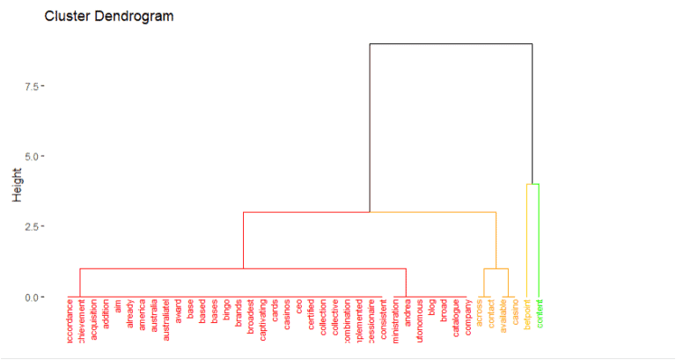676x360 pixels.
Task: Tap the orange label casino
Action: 515,314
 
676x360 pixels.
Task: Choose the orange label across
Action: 479,314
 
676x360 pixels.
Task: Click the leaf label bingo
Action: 226,313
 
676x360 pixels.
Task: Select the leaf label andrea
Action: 407,314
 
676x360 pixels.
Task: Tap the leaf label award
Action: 179,314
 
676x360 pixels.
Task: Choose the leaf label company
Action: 467,320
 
